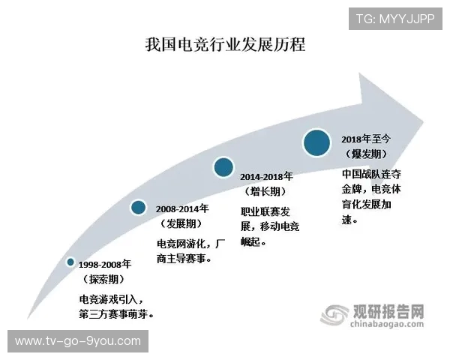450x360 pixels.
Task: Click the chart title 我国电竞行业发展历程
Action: point(225,44)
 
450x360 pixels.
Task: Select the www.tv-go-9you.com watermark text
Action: point(78,341)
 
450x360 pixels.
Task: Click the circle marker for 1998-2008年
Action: point(70,262)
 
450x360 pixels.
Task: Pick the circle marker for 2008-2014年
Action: point(138,208)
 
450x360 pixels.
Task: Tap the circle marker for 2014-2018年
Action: point(223,167)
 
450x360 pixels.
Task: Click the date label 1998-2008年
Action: point(105,265)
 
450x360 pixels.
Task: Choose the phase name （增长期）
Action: point(266,191)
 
